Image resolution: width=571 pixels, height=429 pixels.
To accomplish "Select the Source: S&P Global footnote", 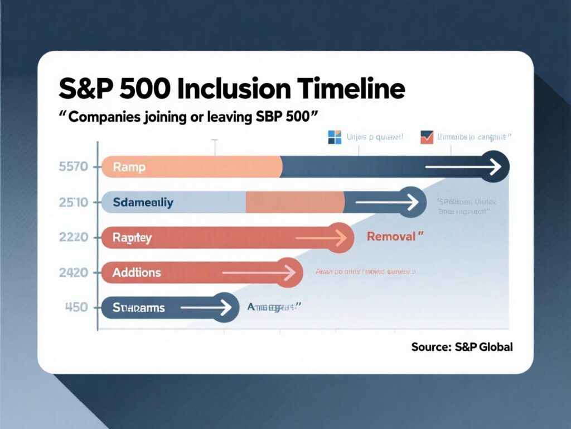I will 462,347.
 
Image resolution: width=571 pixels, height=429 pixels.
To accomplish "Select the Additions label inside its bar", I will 137,273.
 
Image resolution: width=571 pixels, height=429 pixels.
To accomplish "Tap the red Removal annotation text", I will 391,236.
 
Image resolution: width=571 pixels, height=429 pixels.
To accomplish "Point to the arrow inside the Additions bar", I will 259,273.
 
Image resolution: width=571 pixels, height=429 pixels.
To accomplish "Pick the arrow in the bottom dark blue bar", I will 206,307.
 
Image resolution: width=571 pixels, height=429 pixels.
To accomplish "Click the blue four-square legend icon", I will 334,137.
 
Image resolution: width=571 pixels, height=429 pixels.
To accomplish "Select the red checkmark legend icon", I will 427,137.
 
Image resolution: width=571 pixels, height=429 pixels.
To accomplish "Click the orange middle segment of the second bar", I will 294,202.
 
